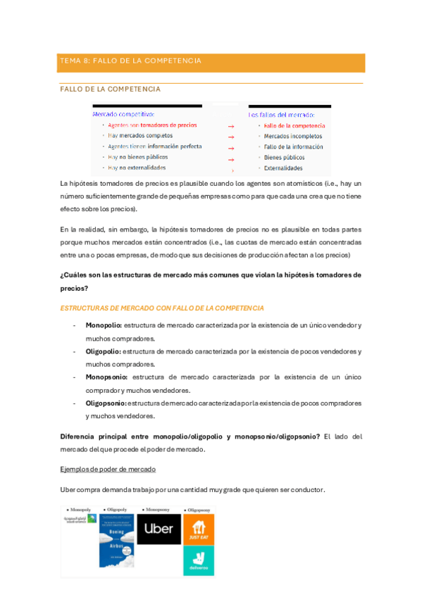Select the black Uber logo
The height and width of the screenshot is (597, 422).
click(x=159, y=528)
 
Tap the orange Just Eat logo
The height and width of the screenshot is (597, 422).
click(x=199, y=528)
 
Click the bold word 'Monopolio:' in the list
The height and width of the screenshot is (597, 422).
click(x=104, y=325)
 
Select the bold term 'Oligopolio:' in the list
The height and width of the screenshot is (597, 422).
click(x=104, y=351)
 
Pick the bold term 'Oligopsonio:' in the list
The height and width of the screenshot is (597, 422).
click(x=106, y=403)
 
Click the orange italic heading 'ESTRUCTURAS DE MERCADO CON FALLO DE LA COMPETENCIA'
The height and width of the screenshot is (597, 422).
click(x=162, y=308)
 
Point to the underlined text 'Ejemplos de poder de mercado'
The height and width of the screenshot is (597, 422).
click(x=108, y=469)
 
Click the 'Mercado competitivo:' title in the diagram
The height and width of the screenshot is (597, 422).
click(x=123, y=113)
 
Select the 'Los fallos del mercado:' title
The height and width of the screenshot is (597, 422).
click(x=281, y=114)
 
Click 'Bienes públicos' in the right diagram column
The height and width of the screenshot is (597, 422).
click(x=284, y=158)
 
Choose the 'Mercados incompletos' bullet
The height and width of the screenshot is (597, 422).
click(x=292, y=136)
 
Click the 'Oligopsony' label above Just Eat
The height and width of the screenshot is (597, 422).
click(x=198, y=509)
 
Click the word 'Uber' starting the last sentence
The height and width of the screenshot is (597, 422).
click(x=68, y=490)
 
